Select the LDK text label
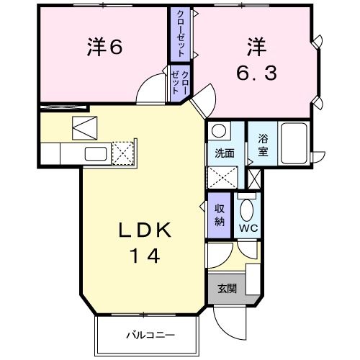[x=145, y=230]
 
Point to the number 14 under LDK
[x=144, y=254]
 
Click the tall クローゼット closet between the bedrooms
[x=177, y=35]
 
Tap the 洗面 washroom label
[x=225, y=153]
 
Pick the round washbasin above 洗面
[x=218, y=132]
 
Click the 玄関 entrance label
[x=227, y=289]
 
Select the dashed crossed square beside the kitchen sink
[x=122, y=152]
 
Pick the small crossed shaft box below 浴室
[x=254, y=177]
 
